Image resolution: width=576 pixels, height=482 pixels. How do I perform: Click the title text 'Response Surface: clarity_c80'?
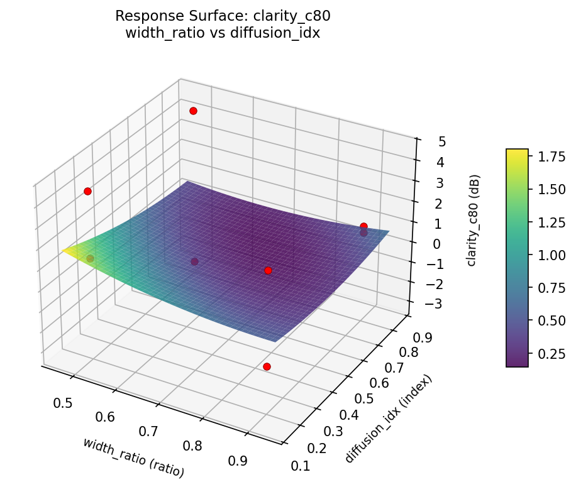point(223,16)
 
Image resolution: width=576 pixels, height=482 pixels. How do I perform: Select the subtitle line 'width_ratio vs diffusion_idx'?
point(223,33)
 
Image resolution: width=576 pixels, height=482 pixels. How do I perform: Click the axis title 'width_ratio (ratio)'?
point(133,456)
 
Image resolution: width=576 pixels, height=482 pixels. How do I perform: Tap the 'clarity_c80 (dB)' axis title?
point(471,220)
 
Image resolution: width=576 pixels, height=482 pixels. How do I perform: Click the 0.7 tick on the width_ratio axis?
point(148,432)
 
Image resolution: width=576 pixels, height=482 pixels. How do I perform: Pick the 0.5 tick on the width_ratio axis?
point(62,403)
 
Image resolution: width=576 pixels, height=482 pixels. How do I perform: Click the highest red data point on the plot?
point(193,111)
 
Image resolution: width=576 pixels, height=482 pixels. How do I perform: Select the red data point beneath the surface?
point(267,366)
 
